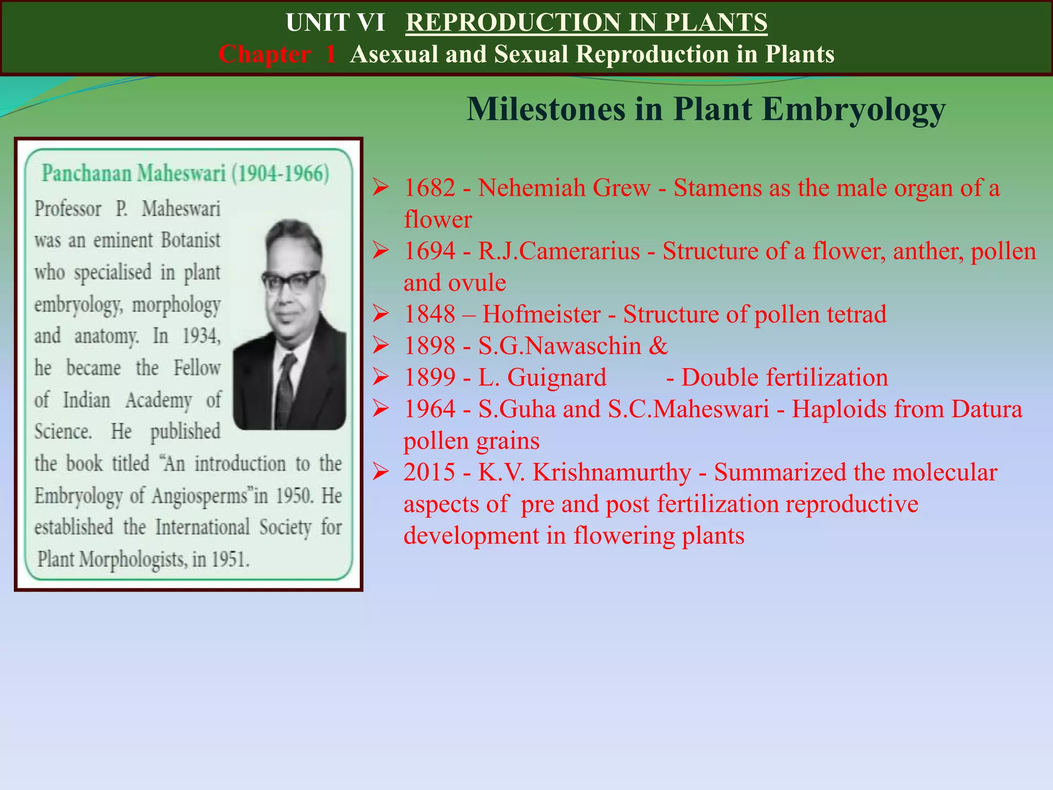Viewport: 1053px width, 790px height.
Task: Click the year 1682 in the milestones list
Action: tap(429, 188)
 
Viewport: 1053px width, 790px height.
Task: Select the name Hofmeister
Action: tap(541, 315)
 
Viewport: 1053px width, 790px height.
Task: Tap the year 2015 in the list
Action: tap(429, 473)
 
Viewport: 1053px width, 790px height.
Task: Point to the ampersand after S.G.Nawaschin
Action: tap(658, 346)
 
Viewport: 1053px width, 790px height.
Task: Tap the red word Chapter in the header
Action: tap(265, 55)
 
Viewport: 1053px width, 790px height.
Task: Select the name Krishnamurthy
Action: tap(612, 473)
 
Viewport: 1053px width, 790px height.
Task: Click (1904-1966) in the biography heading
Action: tap(280, 174)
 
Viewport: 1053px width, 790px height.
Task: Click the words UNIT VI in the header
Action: tap(335, 23)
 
